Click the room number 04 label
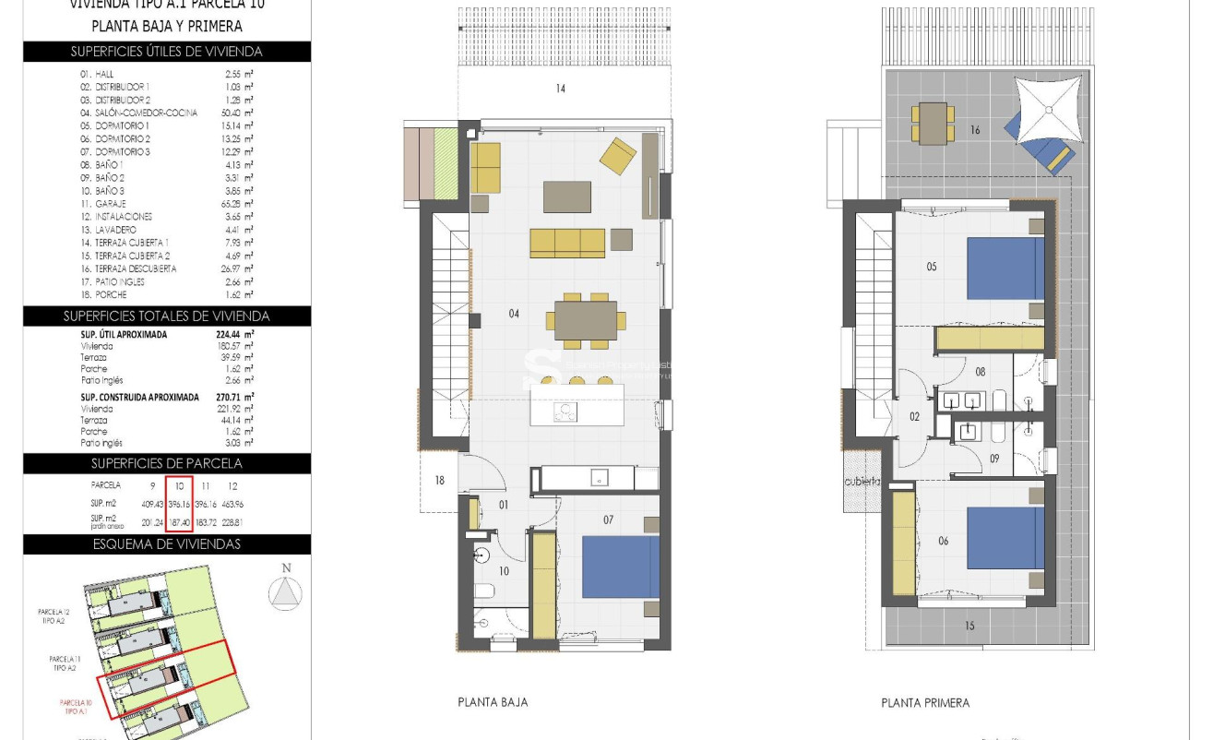(x=514, y=314)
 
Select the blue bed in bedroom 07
(x=620, y=567)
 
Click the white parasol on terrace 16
(x=1047, y=110)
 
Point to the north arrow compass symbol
(x=285, y=591)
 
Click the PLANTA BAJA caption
(x=493, y=702)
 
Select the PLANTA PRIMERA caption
(x=925, y=703)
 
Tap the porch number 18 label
(x=440, y=481)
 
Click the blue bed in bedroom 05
(x=1005, y=269)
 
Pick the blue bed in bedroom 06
(x=1005, y=539)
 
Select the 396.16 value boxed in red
(x=179, y=505)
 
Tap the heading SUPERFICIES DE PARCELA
(x=166, y=463)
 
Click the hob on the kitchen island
(x=565, y=412)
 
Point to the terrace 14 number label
(x=560, y=89)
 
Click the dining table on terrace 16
(x=933, y=123)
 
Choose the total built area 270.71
(x=234, y=397)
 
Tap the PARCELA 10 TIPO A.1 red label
(x=77, y=708)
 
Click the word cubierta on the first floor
(x=862, y=482)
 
